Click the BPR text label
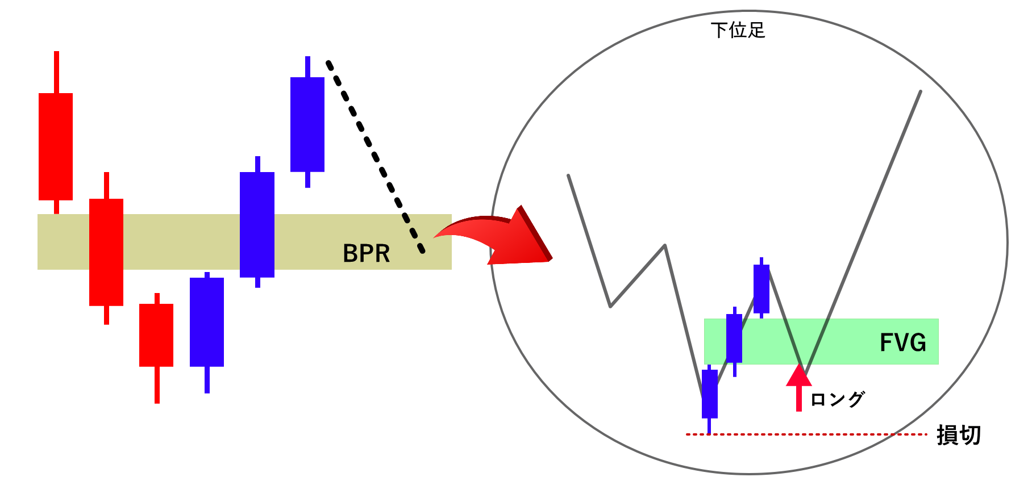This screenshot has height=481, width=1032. point(366,253)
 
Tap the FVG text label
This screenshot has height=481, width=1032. point(902,342)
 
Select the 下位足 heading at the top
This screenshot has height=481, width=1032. point(738,30)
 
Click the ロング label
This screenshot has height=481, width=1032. point(837,399)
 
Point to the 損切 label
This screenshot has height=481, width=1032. point(959,435)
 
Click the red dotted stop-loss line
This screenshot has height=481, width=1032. point(807,434)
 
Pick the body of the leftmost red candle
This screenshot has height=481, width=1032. point(56,147)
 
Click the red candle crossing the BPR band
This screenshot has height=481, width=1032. point(106,252)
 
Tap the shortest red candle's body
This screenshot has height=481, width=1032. point(156,335)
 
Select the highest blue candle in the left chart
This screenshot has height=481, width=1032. point(307,124)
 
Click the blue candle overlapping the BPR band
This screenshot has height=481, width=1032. point(257,225)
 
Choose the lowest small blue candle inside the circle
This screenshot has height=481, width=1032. point(710,394)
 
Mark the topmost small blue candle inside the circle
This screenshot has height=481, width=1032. point(761,288)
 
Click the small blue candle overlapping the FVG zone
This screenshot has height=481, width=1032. point(734,338)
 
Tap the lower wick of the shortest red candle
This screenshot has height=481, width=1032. point(157,384)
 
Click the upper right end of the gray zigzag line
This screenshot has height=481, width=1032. point(919,92)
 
